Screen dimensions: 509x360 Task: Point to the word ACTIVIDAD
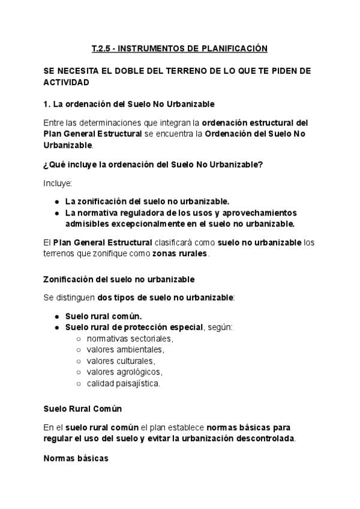tap(67, 82)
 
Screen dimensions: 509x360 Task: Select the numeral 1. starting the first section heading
tap(47, 104)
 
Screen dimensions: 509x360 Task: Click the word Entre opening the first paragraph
tap(54, 123)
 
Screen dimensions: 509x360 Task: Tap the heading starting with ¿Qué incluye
tap(153, 164)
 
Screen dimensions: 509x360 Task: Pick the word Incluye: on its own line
tap(58, 182)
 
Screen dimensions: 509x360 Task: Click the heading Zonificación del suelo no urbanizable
tap(119, 279)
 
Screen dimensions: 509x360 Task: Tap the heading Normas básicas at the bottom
tap(76, 459)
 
